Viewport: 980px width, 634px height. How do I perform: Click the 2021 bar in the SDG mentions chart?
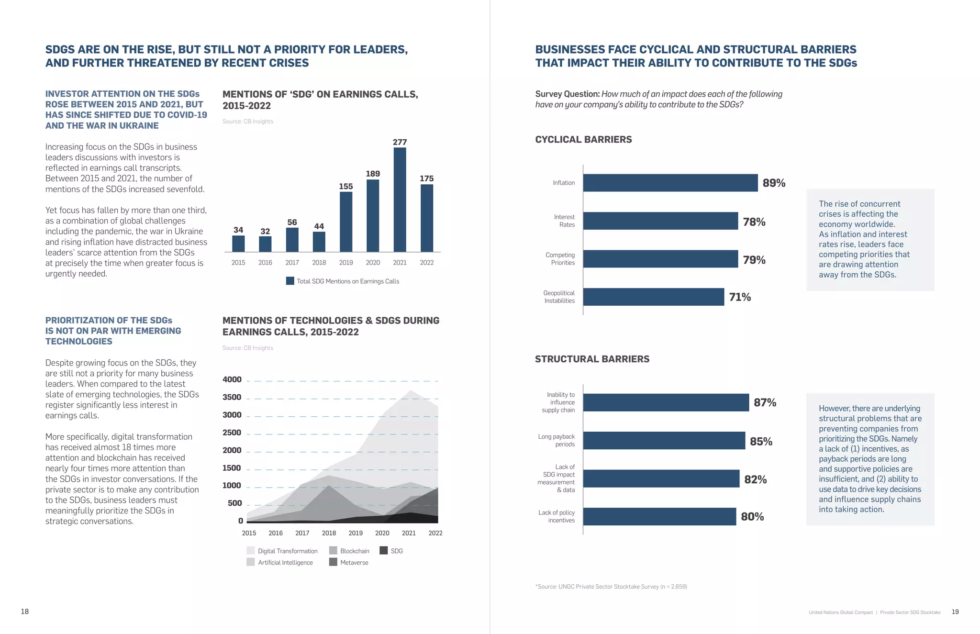click(400, 200)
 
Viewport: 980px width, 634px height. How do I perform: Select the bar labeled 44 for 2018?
click(319, 242)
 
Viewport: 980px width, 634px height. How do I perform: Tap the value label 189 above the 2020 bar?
click(373, 174)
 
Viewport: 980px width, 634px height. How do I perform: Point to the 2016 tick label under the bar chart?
click(265, 263)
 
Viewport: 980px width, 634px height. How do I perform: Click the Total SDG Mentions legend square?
click(290, 281)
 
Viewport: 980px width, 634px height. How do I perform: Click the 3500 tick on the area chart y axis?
click(232, 397)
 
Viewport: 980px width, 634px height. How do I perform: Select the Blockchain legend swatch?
click(334, 551)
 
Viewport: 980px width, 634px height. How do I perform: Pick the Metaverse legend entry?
click(354, 563)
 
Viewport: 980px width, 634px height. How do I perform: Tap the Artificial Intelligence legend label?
click(285, 563)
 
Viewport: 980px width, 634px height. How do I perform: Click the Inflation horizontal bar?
click(670, 183)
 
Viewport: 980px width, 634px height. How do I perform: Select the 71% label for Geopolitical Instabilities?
click(740, 297)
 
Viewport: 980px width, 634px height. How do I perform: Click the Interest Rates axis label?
click(564, 221)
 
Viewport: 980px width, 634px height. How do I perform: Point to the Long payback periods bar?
click(664, 441)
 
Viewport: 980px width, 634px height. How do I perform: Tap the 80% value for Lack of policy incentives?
click(752, 517)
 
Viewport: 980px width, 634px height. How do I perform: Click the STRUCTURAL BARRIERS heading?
click(592, 359)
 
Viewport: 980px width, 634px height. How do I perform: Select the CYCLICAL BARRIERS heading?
click(583, 140)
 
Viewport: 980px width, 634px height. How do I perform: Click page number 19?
click(955, 612)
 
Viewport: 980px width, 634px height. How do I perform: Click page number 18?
click(25, 612)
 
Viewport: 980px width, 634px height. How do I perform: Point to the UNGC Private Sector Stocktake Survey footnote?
click(611, 587)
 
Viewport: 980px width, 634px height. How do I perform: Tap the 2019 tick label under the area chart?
click(356, 533)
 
